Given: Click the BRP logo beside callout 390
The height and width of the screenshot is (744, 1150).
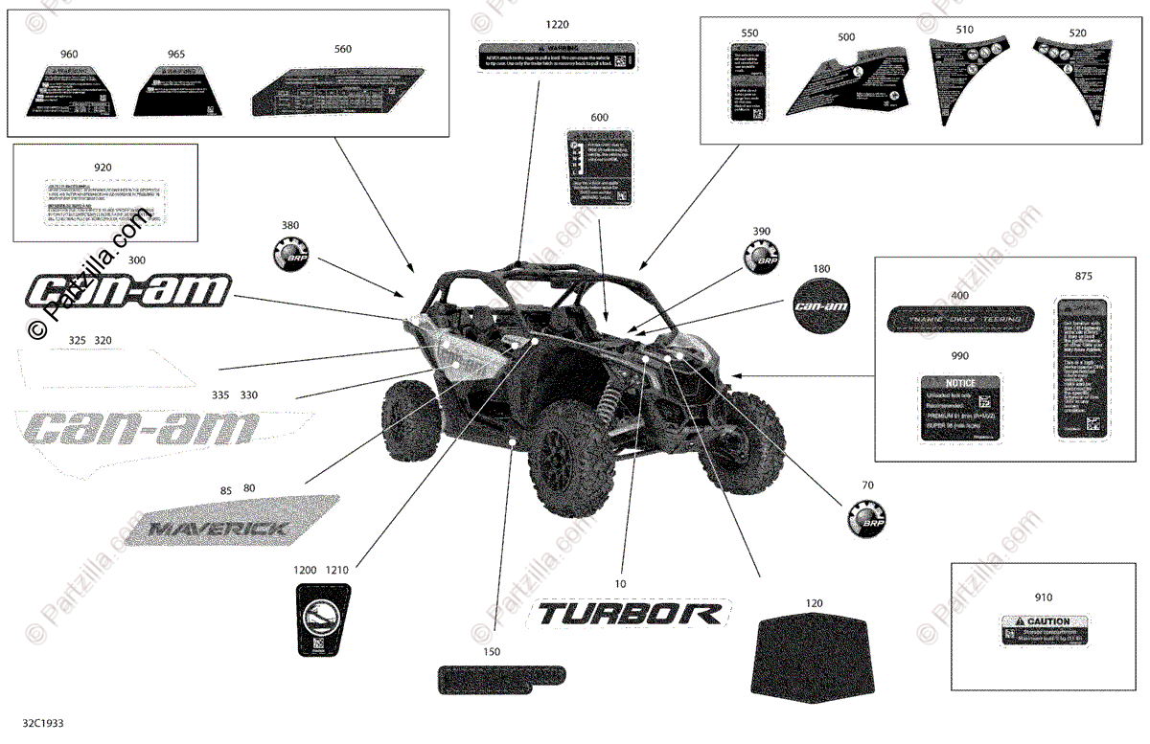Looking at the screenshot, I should click(762, 257).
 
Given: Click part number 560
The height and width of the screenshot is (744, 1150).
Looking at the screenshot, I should click(343, 49).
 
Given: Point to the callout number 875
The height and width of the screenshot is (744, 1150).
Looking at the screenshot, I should click(1083, 276).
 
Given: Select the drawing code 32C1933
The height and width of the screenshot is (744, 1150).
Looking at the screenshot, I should click(44, 728).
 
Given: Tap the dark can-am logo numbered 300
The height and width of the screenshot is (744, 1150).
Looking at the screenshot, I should click(127, 290).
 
